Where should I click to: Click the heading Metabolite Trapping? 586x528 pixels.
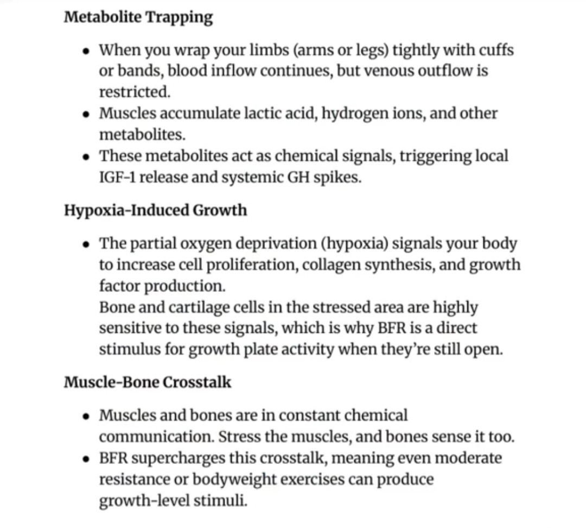(x=138, y=17)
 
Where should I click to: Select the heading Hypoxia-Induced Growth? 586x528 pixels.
(x=155, y=210)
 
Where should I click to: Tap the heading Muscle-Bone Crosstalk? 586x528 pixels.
(x=148, y=382)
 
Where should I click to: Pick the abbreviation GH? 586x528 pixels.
(x=298, y=177)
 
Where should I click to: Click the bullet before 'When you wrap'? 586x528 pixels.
(x=87, y=51)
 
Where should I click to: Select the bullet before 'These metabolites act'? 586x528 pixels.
(x=87, y=156)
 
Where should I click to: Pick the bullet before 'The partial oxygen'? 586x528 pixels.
(x=87, y=243)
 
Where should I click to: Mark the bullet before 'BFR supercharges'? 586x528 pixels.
(x=87, y=458)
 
